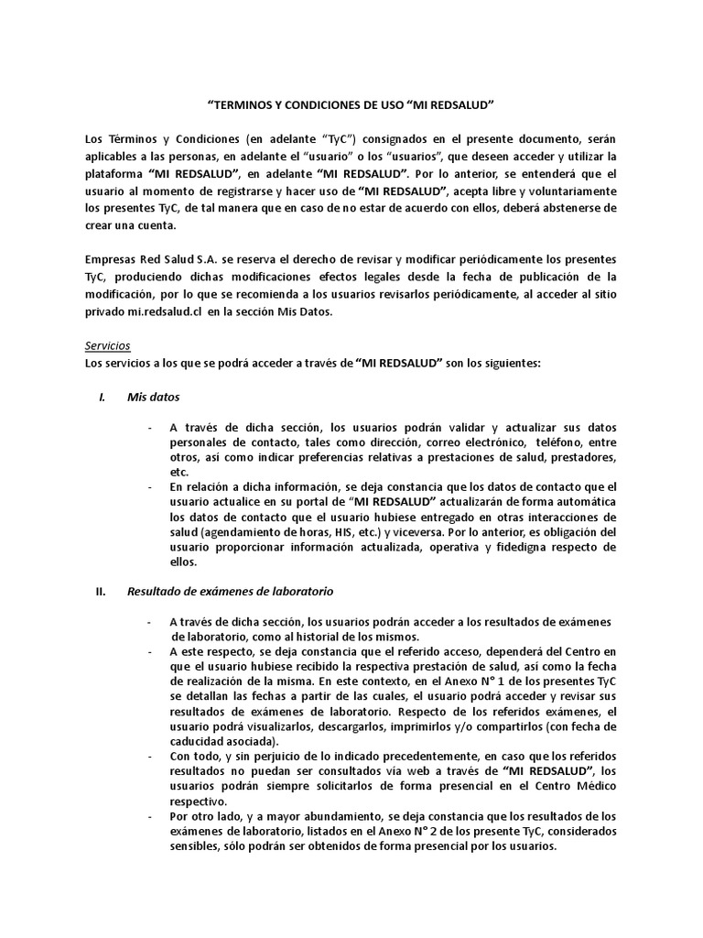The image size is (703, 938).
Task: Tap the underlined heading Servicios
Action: (107, 346)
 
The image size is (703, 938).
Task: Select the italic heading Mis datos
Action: (154, 398)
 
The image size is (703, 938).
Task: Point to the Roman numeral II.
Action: (101, 591)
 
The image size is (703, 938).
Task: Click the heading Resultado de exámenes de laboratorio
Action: (230, 591)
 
